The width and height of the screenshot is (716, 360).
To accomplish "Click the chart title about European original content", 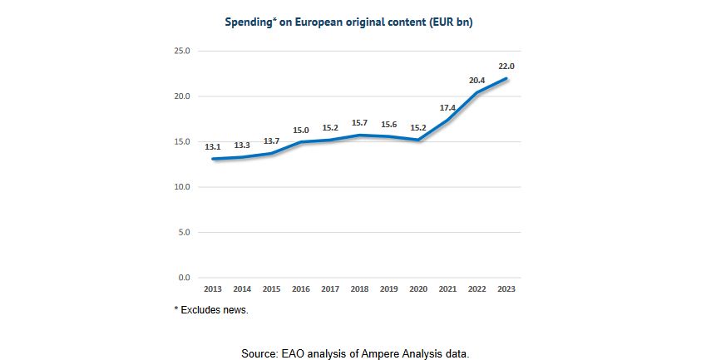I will [348, 22].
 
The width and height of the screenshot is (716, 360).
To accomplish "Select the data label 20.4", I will [477, 80].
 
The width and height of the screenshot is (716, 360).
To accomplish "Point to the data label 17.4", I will [447, 107].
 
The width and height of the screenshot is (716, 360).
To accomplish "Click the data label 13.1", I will [213, 147].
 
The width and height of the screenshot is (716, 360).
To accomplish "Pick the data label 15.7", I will [360, 123].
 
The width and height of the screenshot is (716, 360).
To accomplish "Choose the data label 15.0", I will [301, 130].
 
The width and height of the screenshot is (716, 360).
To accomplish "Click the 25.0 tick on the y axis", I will [181, 51].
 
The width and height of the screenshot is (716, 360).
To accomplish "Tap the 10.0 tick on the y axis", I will [181, 187].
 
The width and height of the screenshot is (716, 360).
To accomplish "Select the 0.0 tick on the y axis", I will [184, 278].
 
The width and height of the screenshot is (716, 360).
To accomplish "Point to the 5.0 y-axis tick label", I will [184, 232].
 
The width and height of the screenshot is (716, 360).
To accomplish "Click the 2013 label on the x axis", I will [213, 288].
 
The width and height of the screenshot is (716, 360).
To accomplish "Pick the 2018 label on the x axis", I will [360, 288].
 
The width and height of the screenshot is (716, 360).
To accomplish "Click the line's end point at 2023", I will [506, 79].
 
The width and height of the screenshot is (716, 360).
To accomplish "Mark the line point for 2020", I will [418, 140].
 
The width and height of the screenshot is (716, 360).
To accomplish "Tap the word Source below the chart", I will [260, 353].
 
